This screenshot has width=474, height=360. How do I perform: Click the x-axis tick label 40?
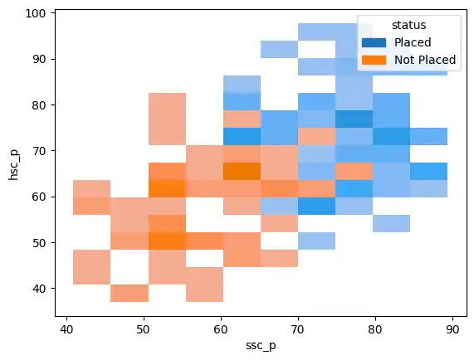pos(67,329)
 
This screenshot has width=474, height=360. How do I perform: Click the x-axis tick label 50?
pos(144,329)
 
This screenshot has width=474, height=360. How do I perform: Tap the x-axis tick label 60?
pos(222,329)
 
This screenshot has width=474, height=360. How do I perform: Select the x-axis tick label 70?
pos(299,329)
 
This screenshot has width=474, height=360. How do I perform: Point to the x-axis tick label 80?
pos(376,329)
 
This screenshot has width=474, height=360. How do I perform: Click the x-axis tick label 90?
pos(453,329)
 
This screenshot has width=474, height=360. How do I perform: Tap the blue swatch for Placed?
pos(374,41)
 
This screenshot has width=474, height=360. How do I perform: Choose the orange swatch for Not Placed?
pos(374,59)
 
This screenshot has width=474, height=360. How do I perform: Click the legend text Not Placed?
pos(425,59)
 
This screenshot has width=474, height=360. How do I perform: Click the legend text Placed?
pos(413,41)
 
